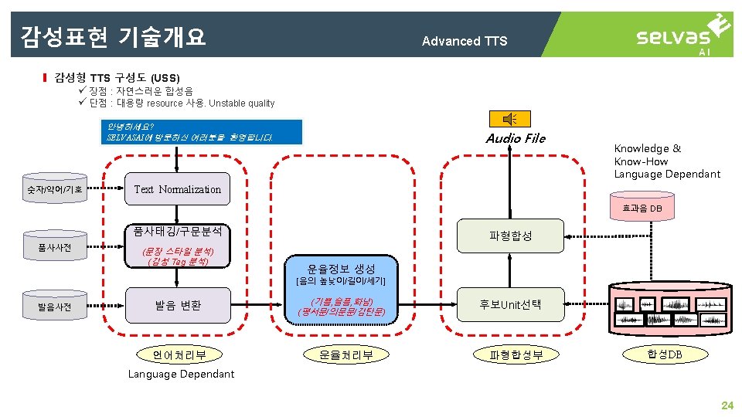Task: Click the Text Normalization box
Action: pos(177,189)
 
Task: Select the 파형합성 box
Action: pos(510,236)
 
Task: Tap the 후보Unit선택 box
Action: pos(510,304)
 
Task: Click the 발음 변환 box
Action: pos(177,305)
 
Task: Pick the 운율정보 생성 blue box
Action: pos(341,269)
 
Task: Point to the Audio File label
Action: pos(516,139)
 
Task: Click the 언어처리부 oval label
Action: pos(179,355)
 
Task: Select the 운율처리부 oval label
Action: pos(341,355)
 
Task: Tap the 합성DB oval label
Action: pos(665,354)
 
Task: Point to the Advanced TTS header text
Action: pos(465,41)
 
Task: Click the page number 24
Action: pos(727,405)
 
